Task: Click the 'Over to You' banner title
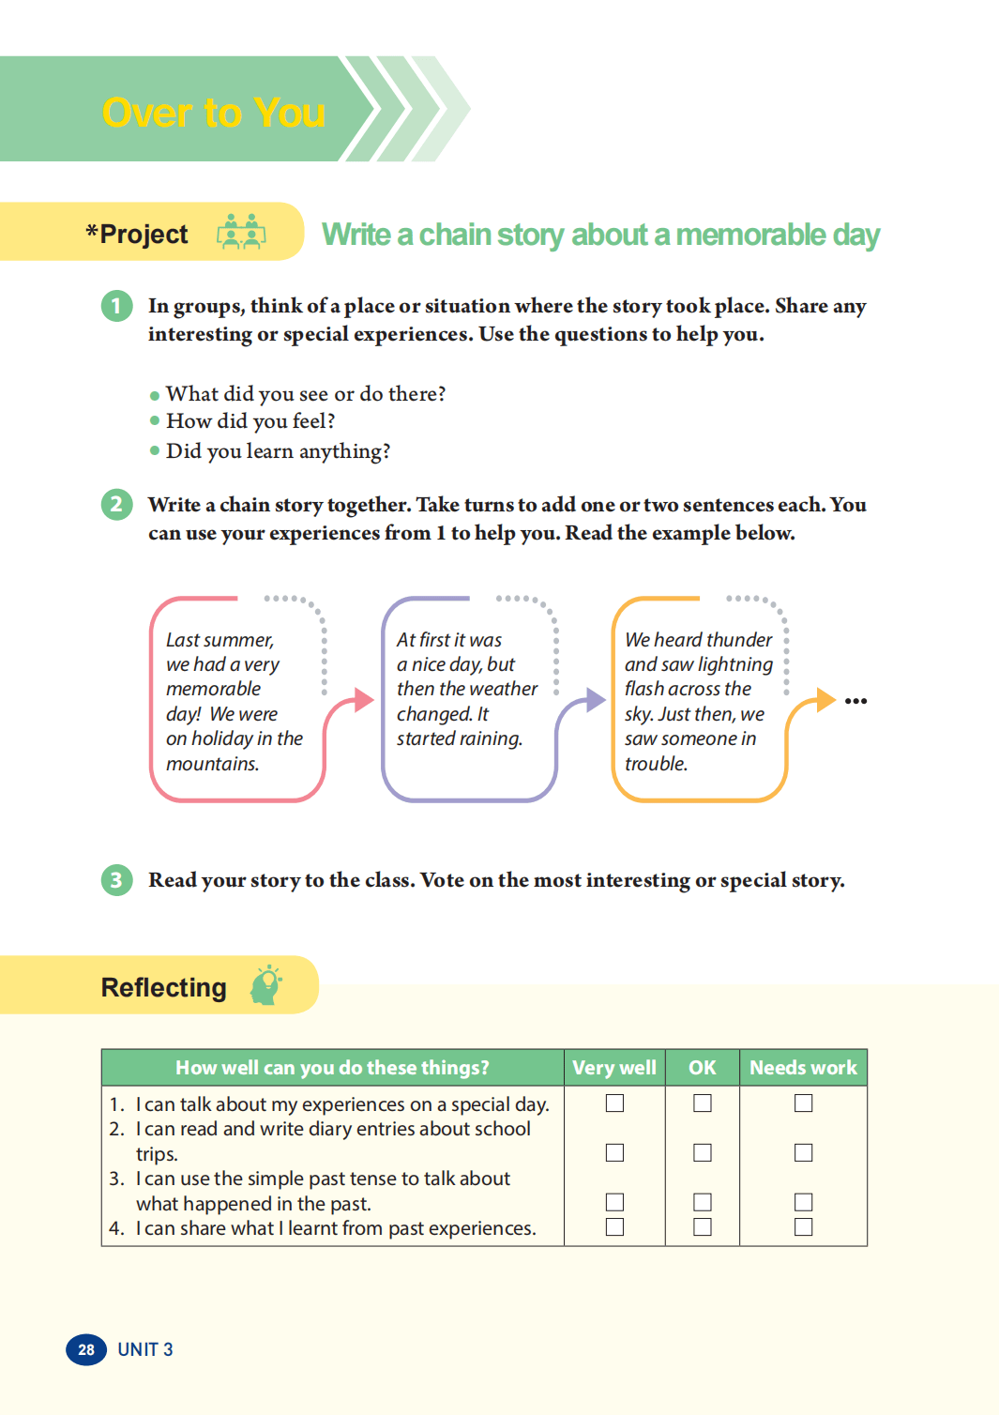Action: [214, 113]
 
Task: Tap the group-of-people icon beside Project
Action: [241, 232]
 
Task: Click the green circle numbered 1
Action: [116, 306]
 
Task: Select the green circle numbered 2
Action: [116, 505]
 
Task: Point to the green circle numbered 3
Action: [116, 880]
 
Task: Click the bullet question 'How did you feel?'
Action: [250, 421]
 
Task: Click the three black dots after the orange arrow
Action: [855, 701]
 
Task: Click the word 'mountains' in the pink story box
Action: [212, 764]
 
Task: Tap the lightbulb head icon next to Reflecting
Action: [266, 984]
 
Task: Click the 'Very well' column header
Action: [614, 1068]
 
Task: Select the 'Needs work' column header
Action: [803, 1068]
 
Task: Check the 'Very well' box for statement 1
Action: [614, 1103]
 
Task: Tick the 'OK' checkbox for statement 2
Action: [702, 1152]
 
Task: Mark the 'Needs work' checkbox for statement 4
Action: [803, 1226]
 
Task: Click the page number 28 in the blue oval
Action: [86, 1349]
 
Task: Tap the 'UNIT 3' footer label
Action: [145, 1349]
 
